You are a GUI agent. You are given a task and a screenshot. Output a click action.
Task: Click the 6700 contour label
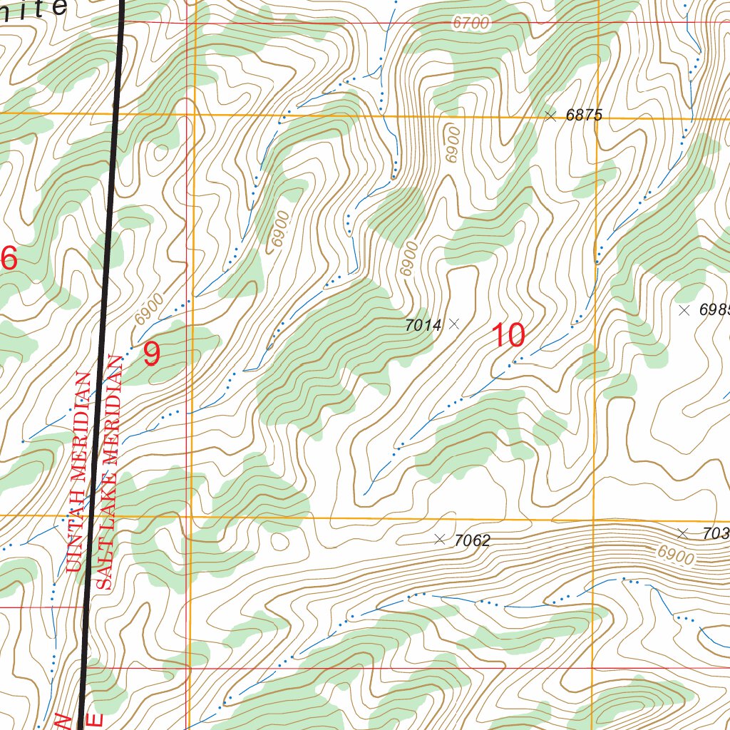point(471,23)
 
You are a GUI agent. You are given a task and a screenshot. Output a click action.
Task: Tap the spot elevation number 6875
point(585,115)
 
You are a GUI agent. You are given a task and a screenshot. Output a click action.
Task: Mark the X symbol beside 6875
point(550,115)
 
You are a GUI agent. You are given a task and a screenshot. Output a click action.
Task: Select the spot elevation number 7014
point(423,325)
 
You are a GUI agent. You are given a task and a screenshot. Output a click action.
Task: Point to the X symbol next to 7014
point(454,324)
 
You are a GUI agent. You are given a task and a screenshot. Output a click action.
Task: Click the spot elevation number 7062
point(472,540)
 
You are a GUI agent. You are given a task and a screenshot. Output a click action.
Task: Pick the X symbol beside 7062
point(439,539)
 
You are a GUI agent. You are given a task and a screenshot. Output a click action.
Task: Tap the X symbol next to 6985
point(684,309)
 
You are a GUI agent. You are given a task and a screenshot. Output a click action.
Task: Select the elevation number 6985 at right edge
point(714,309)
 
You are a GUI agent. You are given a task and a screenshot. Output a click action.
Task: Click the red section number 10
point(509,335)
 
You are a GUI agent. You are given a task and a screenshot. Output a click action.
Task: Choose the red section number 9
point(151,354)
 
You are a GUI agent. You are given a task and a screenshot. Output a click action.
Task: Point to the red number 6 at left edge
point(9,258)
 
